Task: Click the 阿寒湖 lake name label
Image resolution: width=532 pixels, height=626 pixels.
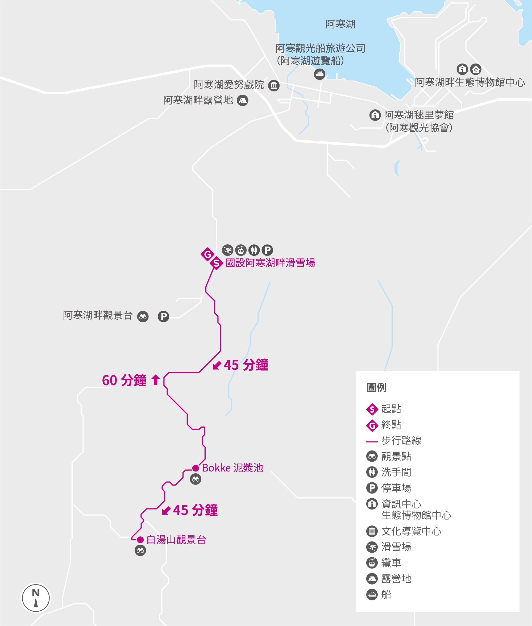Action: click(340, 24)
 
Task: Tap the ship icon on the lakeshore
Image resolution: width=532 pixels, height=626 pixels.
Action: click(319, 74)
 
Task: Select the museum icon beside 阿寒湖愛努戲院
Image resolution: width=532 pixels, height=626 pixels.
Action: click(273, 86)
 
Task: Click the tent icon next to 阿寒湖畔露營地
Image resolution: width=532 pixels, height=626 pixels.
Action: click(243, 101)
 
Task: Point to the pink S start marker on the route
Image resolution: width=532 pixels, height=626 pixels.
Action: click(216, 263)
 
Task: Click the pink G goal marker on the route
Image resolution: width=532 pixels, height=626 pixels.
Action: click(207, 254)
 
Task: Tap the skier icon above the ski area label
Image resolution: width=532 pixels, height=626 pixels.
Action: click(227, 250)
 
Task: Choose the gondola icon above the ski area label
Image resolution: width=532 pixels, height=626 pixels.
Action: click(241, 250)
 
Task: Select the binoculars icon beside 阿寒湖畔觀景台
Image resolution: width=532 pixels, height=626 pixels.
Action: click(143, 317)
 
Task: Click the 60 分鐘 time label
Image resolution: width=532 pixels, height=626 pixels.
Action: click(124, 381)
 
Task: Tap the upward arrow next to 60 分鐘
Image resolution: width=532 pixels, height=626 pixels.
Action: click(156, 380)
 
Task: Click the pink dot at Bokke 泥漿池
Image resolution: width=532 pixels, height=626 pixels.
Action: click(196, 468)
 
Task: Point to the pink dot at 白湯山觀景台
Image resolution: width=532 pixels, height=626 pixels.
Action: click(140, 540)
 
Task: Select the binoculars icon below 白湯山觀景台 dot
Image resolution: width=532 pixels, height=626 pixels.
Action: click(140, 551)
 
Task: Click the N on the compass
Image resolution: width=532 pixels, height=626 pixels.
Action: click(36, 593)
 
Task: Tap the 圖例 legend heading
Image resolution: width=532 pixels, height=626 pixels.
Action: click(376, 387)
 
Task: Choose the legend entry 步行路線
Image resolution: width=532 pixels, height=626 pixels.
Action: click(401, 441)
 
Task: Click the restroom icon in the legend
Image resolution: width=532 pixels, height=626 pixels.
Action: click(372, 472)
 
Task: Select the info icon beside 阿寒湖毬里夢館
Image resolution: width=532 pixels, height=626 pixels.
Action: click(375, 115)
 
